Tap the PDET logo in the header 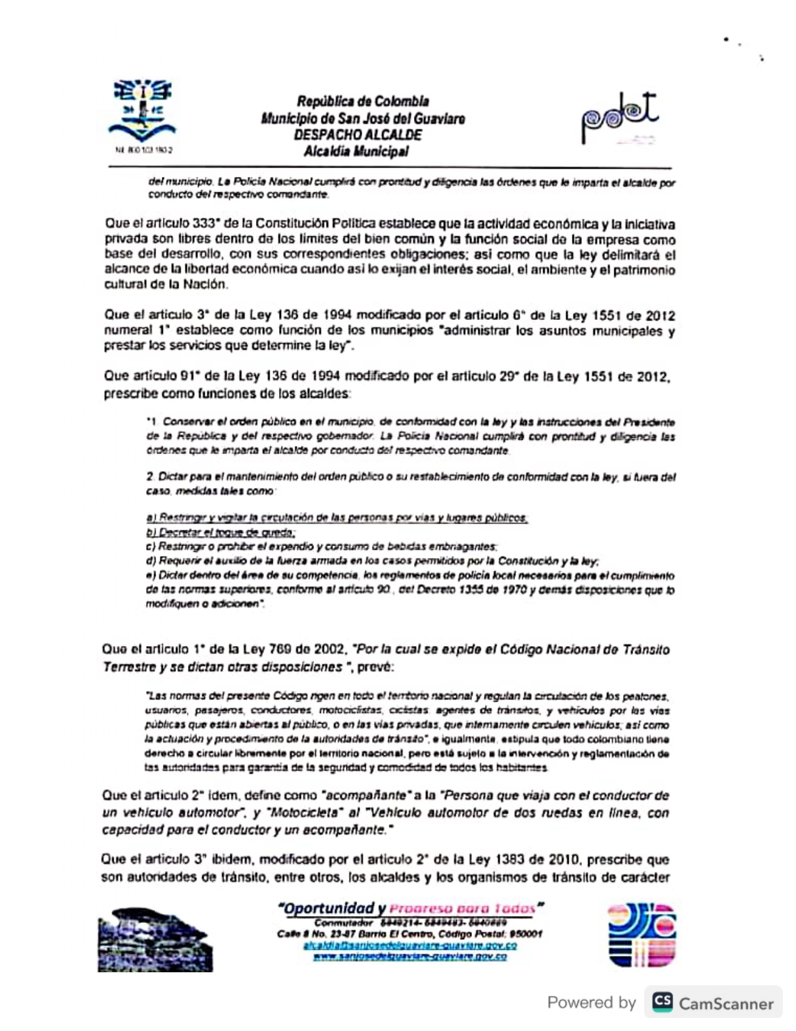(x=619, y=117)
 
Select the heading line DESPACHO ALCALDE (x=358, y=135)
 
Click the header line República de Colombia (x=363, y=101)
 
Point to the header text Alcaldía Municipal (x=356, y=151)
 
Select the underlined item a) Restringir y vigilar (x=337, y=518)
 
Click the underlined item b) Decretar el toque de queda (x=220, y=532)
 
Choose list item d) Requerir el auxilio (x=372, y=561)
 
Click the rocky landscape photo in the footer (x=155, y=939)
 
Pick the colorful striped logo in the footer (x=642, y=935)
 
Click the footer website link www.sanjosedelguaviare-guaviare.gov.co (x=410, y=957)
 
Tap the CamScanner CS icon (x=663, y=1002)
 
